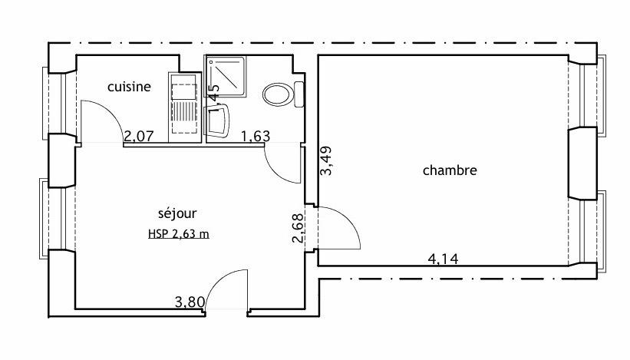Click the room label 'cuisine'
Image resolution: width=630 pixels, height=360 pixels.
tap(128, 87)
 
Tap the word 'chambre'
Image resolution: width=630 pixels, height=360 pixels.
tap(450, 170)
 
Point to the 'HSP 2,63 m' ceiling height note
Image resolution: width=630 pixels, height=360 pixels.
tap(178, 235)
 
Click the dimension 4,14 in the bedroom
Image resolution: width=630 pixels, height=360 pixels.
tap(443, 259)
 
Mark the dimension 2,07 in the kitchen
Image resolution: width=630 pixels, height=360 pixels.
tap(139, 137)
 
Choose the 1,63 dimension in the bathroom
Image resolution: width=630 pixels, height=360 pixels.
tap(255, 137)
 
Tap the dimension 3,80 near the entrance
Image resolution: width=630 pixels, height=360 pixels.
tap(190, 302)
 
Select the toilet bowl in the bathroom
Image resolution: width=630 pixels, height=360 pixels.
tap(277, 95)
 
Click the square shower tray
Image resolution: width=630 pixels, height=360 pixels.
tap(225, 77)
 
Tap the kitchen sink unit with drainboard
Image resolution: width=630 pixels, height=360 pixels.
tap(184, 107)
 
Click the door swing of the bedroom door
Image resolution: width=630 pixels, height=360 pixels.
tap(340, 226)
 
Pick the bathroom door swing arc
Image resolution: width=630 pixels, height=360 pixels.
tap(281, 163)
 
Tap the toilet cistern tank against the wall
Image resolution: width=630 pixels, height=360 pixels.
tap(299, 94)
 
